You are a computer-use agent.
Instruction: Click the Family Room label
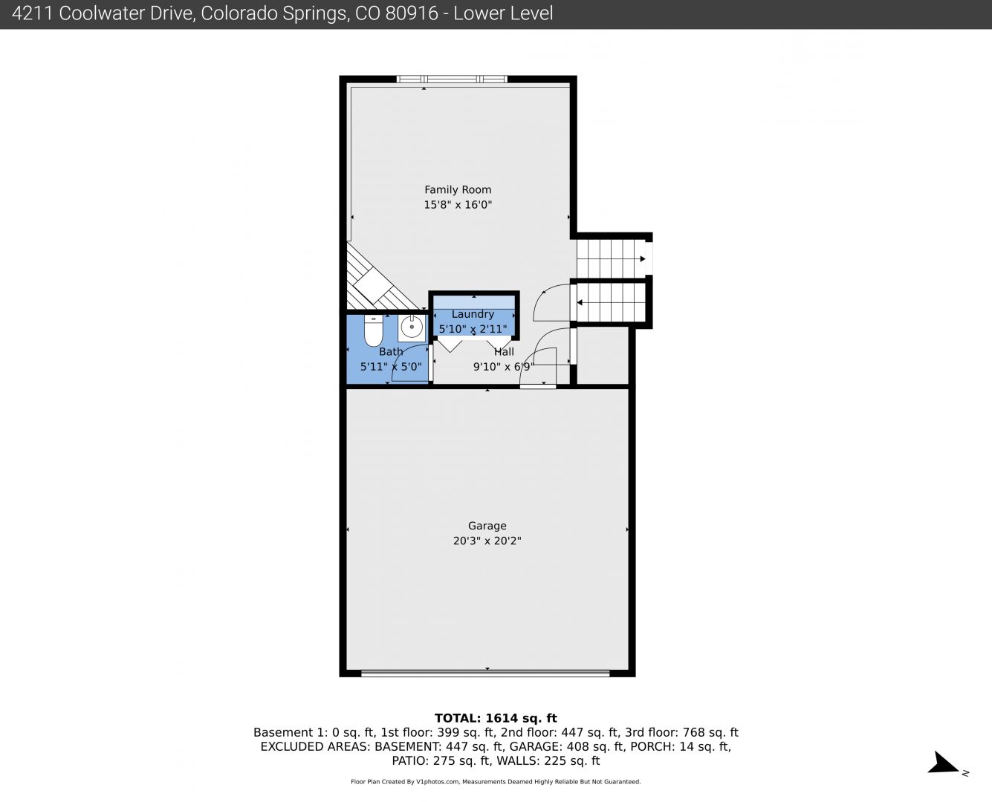pos(457,190)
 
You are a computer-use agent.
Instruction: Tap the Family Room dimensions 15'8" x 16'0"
pos(457,205)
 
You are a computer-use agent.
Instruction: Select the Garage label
pos(487,526)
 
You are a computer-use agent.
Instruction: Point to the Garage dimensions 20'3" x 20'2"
pos(487,541)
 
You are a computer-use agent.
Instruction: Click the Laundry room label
pos(473,314)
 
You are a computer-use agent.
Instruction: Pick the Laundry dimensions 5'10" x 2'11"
pos(473,329)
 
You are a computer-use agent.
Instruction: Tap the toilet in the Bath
pos(373,330)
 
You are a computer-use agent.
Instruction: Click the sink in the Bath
pos(412,327)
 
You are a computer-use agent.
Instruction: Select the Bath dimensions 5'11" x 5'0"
pos(391,367)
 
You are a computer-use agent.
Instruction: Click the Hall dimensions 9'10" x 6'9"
pos(504,367)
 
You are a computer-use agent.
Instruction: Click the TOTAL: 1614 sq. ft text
pos(496,718)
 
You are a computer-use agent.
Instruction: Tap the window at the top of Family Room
pos(451,79)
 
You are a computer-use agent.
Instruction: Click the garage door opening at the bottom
pos(485,673)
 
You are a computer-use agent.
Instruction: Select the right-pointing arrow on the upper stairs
pos(643,259)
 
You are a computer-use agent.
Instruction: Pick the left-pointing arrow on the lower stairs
pos(580,302)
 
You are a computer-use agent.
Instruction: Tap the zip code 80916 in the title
pos(412,13)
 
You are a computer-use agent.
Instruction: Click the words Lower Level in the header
pos(504,13)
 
